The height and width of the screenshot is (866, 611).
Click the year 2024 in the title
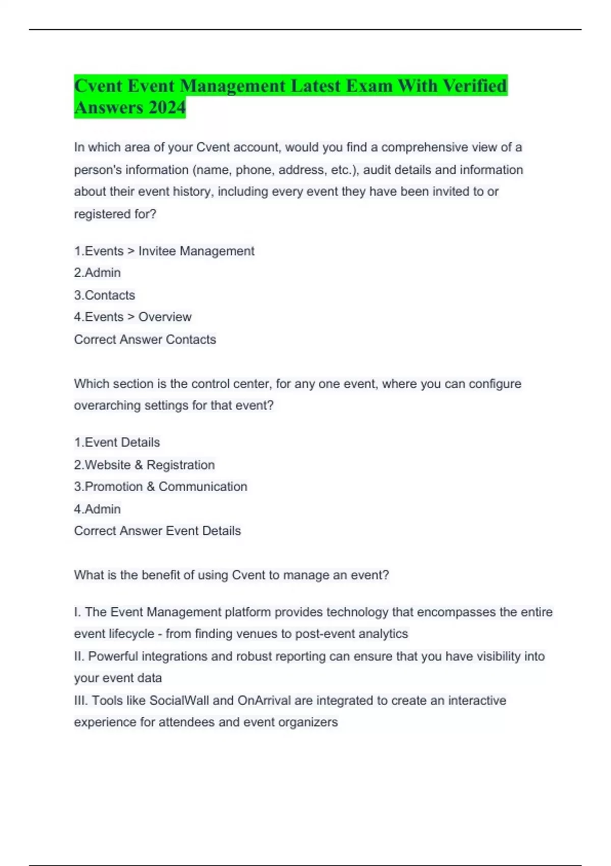tap(167, 108)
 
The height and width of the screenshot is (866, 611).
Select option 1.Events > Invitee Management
tap(164, 251)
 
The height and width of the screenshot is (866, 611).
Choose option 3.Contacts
tap(104, 295)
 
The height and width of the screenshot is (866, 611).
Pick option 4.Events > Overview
tap(132, 317)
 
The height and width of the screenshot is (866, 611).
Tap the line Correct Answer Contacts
tap(145, 339)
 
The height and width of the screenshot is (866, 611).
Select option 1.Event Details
tap(117, 442)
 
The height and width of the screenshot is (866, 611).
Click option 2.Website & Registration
tap(144, 465)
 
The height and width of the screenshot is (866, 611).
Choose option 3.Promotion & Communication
tap(160, 486)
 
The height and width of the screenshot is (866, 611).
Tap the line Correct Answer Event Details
tap(157, 531)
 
